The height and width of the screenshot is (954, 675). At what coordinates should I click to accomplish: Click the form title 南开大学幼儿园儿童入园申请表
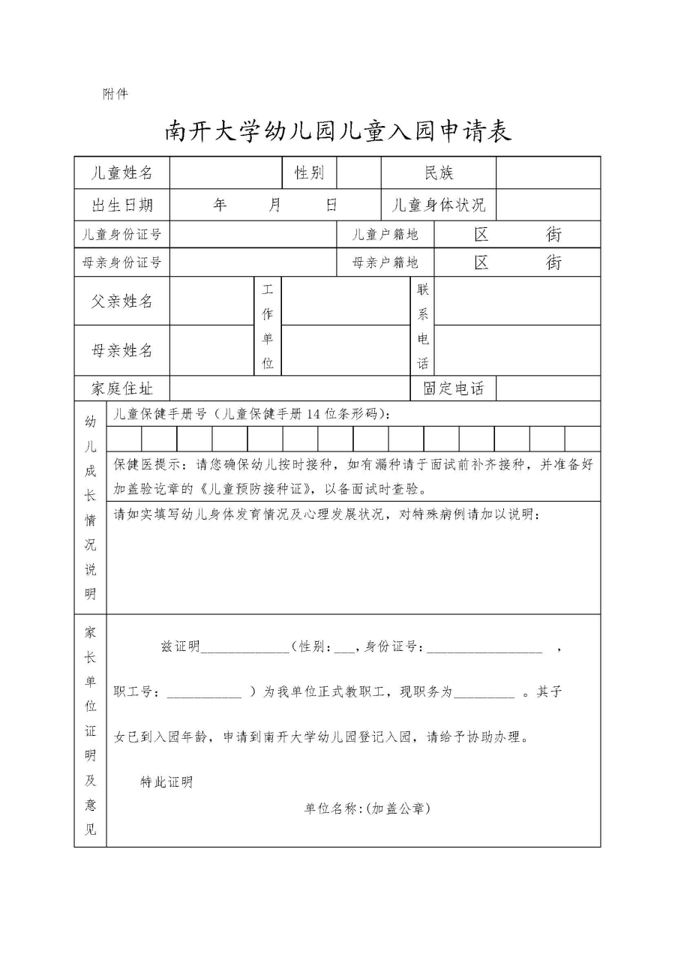pyautogui.click(x=337, y=131)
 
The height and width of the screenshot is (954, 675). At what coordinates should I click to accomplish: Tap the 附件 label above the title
pyautogui.click(x=115, y=94)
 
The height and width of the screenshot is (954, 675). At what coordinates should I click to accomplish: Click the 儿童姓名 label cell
pyautogui.click(x=121, y=173)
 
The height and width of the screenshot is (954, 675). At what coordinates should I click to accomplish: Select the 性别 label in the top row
pyautogui.click(x=309, y=173)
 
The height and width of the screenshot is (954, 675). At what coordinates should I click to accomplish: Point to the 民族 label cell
pyautogui.click(x=439, y=173)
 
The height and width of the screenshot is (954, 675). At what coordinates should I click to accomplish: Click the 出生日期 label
pyautogui.click(x=121, y=205)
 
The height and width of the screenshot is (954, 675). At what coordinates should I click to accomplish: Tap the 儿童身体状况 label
pyautogui.click(x=439, y=205)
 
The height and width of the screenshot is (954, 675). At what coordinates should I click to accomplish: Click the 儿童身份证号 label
pyautogui.click(x=121, y=234)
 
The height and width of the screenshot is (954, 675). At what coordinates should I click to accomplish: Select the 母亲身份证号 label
pyautogui.click(x=121, y=262)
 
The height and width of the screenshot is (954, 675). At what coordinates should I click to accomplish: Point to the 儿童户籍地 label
pyautogui.click(x=385, y=234)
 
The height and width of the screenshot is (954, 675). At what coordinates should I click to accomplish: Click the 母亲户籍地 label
pyautogui.click(x=385, y=262)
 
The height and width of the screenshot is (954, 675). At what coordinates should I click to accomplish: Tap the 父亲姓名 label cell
pyautogui.click(x=121, y=301)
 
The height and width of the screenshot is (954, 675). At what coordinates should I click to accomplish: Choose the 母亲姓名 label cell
pyautogui.click(x=121, y=350)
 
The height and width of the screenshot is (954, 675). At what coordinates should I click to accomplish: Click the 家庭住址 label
pyautogui.click(x=121, y=388)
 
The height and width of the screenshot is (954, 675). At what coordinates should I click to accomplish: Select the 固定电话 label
pyautogui.click(x=454, y=388)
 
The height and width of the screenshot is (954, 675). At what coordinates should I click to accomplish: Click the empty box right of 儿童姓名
pyautogui.click(x=226, y=173)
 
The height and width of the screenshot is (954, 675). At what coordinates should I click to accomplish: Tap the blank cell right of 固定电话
pyautogui.click(x=548, y=388)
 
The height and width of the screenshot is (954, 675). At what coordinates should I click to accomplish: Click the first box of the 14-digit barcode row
pyautogui.click(x=124, y=439)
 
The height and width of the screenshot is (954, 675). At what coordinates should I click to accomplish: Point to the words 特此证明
pyautogui.click(x=166, y=782)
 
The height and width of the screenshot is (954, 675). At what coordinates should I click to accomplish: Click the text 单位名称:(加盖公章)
pyautogui.click(x=367, y=808)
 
